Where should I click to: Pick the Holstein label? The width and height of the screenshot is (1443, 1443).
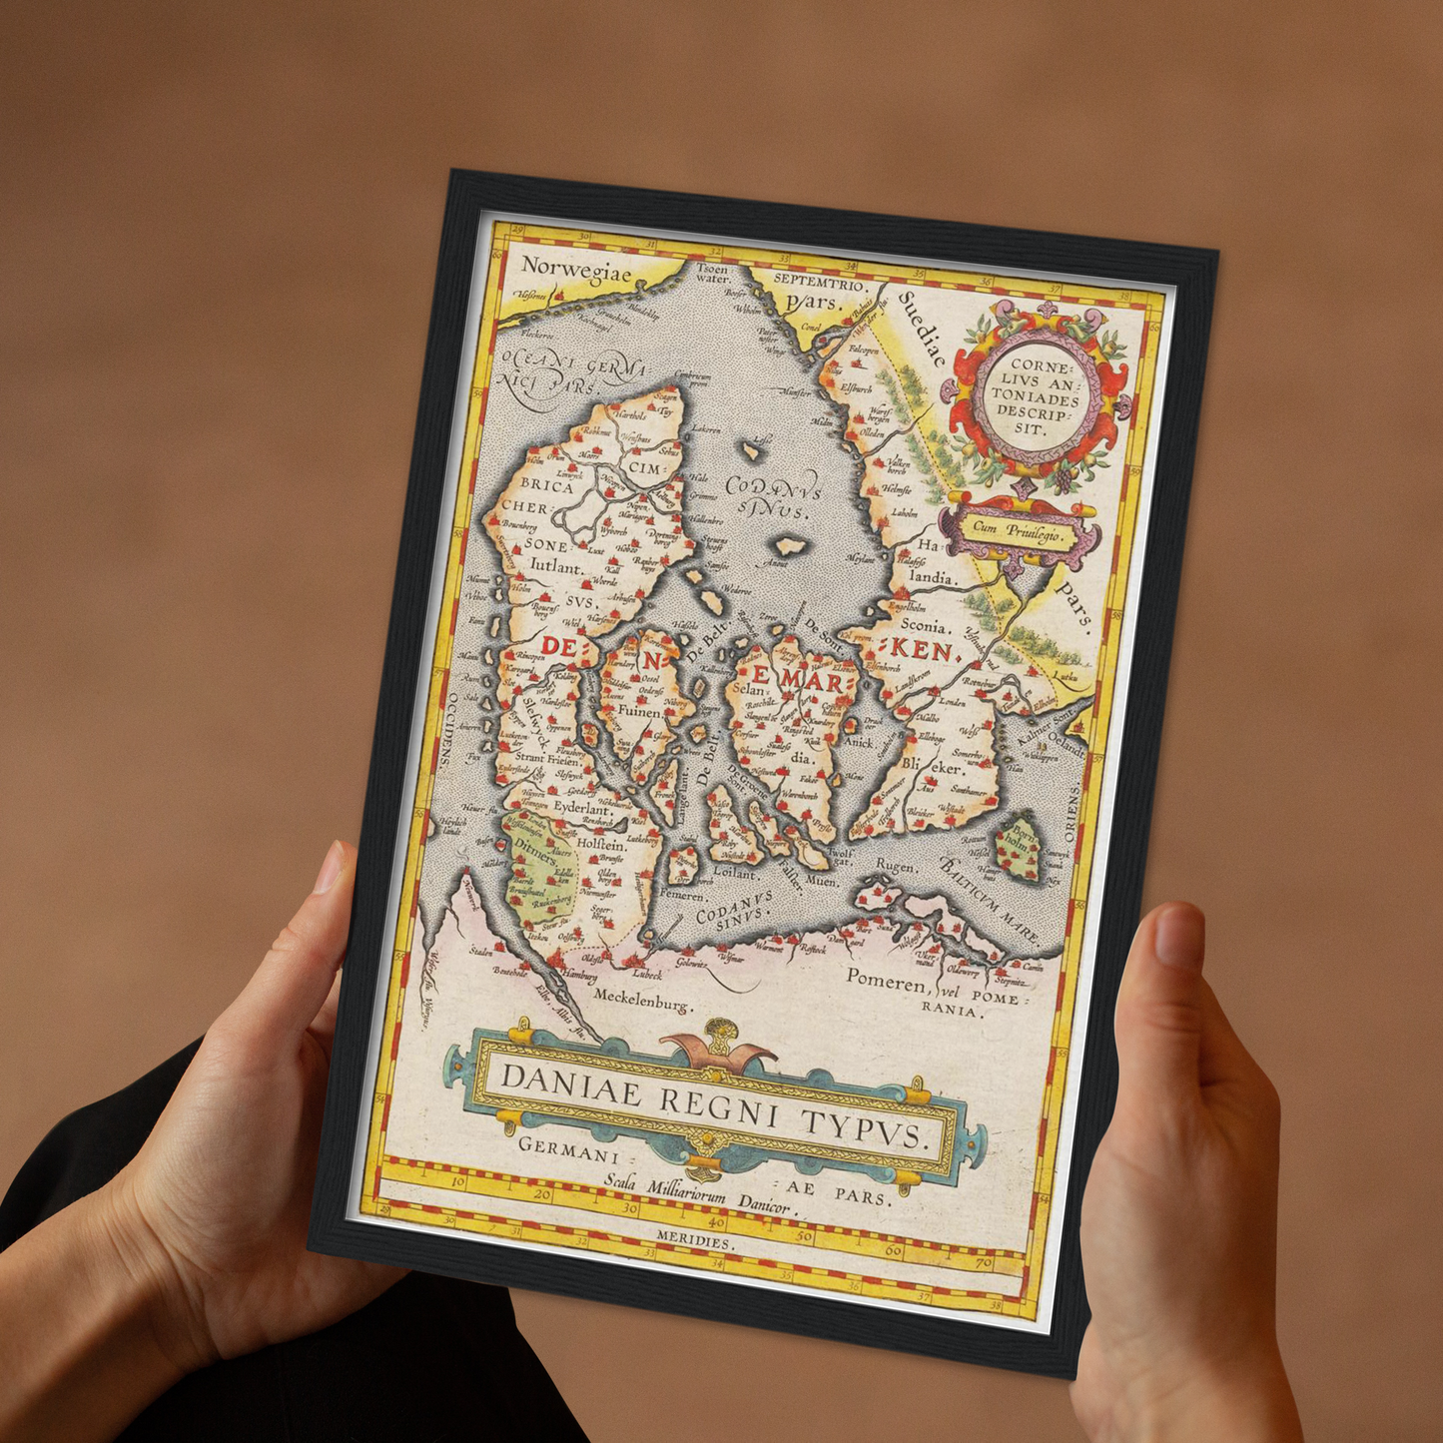click(601, 844)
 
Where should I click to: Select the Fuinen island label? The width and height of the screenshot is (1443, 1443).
click(640, 712)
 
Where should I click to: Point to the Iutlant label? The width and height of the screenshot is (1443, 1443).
click(555, 565)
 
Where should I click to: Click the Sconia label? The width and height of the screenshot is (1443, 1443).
click(923, 627)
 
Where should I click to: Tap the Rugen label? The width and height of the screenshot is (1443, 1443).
click(895, 866)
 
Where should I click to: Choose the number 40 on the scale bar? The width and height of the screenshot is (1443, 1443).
click(715, 1221)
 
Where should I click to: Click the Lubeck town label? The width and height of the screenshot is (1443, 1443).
click(646, 974)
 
